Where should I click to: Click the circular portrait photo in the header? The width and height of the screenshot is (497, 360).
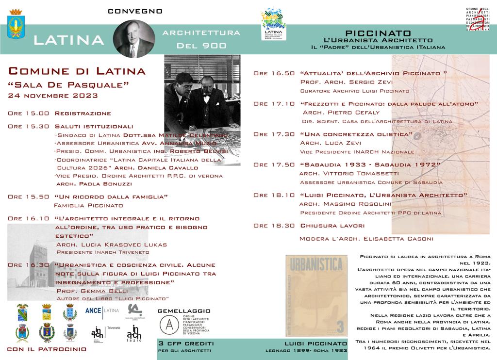click(x=133, y=39)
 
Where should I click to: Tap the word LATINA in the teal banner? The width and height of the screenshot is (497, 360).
click(x=69, y=40)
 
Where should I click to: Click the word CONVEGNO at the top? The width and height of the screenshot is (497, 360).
click(x=135, y=11)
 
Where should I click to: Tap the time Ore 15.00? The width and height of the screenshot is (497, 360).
click(x=29, y=114)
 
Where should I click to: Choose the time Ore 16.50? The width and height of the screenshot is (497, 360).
click(x=274, y=74)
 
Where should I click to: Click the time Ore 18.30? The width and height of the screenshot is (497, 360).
click(x=274, y=226)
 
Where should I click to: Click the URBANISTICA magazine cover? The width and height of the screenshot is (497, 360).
click(x=316, y=296)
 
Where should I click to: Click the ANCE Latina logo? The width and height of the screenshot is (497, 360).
click(x=101, y=310)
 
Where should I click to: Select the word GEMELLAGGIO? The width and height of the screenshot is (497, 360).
click(x=184, y=311)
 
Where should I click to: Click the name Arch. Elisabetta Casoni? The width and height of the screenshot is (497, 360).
click(x=381, y=239)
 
